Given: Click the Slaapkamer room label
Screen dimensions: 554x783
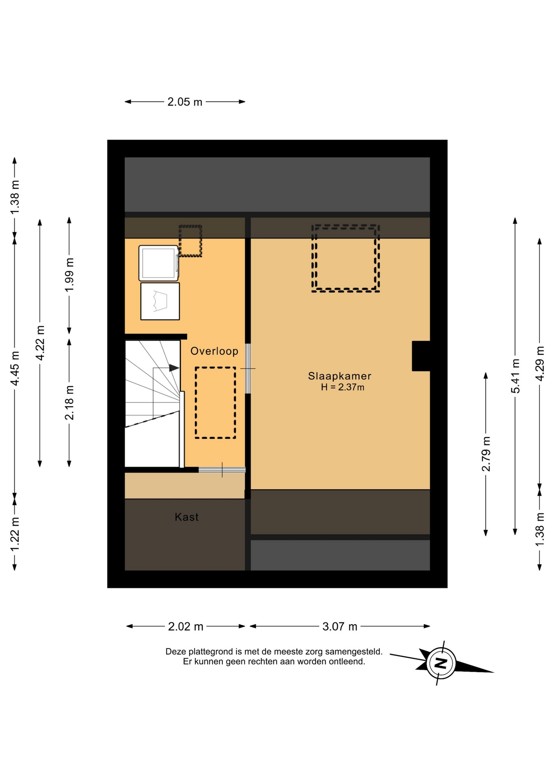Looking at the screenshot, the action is point(339,376).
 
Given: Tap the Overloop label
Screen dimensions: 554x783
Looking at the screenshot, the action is point(214,351).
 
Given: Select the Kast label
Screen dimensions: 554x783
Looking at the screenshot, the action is point(186,517).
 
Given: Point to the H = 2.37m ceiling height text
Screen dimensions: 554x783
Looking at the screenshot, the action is point(342,387).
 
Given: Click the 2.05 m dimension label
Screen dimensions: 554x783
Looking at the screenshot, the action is point(185,102).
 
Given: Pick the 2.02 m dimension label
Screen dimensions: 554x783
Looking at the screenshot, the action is point(186,626).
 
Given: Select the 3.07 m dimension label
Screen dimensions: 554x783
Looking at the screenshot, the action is point(340,626).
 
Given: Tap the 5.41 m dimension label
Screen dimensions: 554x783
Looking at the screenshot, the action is point(515,376).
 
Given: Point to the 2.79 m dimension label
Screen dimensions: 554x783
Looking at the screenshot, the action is point(486,454).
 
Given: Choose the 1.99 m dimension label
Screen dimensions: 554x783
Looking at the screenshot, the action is point(69,275).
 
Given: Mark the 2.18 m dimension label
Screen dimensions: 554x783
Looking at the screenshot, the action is point(69,403).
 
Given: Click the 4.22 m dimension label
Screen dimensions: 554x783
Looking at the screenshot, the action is point(40,343).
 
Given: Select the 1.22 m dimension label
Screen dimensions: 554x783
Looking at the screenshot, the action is point(15,534).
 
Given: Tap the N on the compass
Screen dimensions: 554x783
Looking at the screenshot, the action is point(441,663).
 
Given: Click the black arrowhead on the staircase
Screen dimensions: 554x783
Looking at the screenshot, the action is point(174,368).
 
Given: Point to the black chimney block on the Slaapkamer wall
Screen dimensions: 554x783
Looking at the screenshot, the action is point(421,356).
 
